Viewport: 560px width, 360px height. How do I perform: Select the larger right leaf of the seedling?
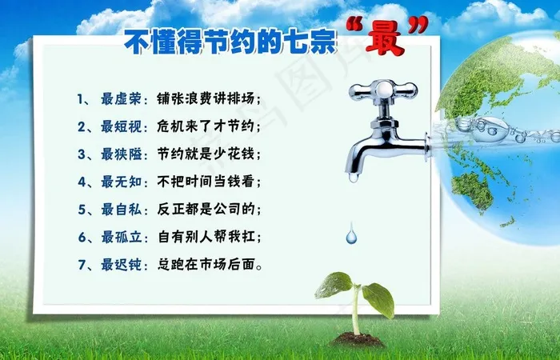378,298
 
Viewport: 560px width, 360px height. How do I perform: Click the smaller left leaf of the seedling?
334,284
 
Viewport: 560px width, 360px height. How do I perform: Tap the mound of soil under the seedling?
357,339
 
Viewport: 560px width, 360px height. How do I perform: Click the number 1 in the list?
82,99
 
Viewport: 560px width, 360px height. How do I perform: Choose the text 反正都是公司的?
205,210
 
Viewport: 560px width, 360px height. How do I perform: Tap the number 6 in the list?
82,238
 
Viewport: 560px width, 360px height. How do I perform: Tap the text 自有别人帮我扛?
208,238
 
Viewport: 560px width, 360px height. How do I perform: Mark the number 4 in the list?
82,182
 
